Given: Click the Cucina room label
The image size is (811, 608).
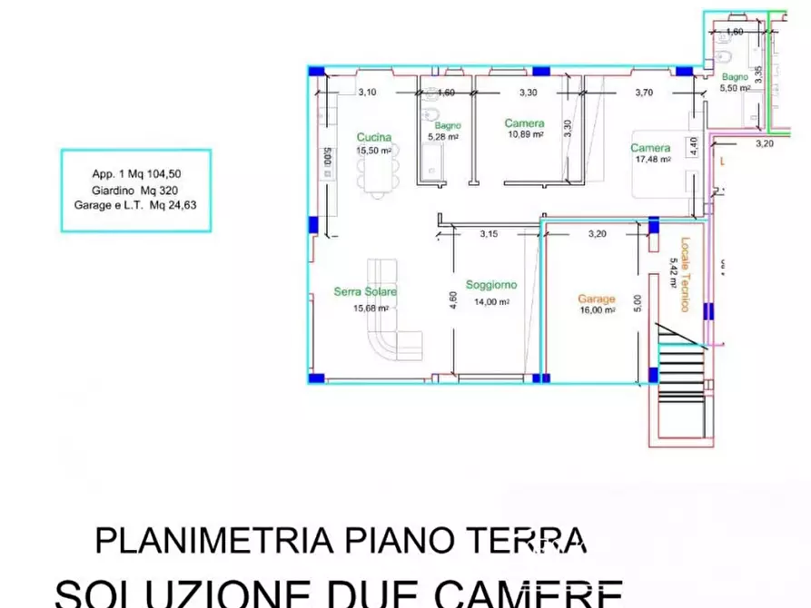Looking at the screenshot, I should (x=374, y=137).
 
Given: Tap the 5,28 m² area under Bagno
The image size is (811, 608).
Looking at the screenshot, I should (x=442, y=137).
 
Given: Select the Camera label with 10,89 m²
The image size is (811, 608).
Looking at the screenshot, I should (x=524, y=123).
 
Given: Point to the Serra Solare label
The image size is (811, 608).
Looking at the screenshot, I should (x=365, y=291).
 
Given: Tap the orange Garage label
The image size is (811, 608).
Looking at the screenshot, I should (x=597, y=299).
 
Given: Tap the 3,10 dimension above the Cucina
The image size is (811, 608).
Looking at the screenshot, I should (x=367, y=92).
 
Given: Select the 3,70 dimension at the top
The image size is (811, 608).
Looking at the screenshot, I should (x=644, y=92).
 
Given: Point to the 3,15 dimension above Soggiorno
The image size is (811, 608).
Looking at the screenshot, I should (x=489, y=234).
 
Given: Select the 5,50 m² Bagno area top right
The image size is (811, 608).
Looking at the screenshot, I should (x=734, y=89).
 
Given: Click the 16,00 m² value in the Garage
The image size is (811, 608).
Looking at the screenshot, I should (x=598, y=309).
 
